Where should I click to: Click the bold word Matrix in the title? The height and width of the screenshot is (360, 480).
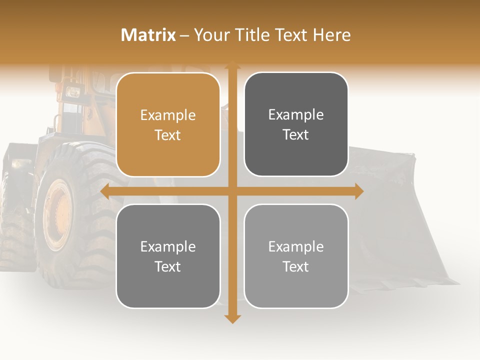(148, 35)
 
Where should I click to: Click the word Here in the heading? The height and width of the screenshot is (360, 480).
(332, 35)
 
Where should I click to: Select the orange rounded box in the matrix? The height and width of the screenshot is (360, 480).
(168, 124)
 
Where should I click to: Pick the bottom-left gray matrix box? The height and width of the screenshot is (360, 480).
(168, 256)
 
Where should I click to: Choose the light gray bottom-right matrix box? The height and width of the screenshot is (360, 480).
(296, 256)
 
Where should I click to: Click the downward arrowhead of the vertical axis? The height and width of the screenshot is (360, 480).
(232, 318)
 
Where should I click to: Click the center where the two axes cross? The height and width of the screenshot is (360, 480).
(232, 191)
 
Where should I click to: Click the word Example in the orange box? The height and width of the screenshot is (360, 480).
(168, 115)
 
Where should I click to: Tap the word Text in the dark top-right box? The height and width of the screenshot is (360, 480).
(296, 134)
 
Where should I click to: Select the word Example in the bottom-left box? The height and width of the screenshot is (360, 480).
(168, 247)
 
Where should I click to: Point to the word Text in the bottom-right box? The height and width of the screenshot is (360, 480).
(296, 266)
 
